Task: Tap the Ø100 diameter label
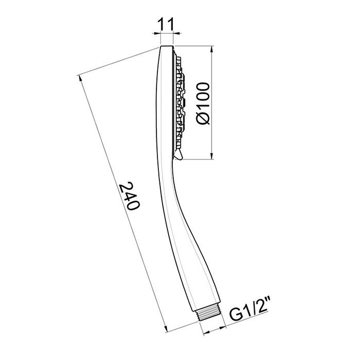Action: click(x=204, y=103)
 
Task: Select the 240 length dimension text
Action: click(x=129, y=195)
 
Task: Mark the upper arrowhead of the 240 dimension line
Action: click(x=81, y=78)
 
